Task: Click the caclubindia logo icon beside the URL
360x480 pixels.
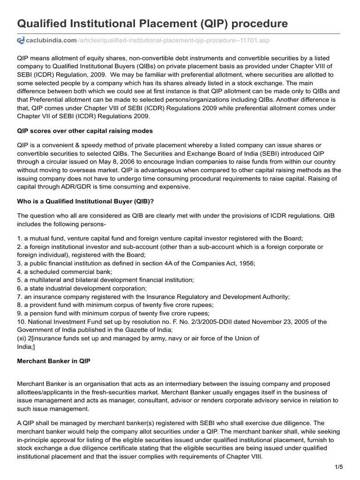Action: tap(21, 41)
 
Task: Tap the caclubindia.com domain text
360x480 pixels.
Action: tap(52, 41)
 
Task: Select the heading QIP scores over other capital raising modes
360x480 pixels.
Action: tap(85, 130)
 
